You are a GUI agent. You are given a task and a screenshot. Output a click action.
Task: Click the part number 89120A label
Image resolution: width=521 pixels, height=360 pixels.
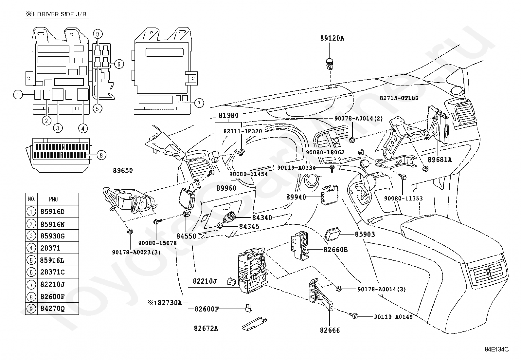coord(332,38)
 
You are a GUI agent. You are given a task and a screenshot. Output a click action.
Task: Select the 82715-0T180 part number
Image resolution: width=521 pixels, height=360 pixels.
coord(399,98)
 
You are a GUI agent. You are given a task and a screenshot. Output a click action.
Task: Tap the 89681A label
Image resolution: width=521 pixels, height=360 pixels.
coord(440,160)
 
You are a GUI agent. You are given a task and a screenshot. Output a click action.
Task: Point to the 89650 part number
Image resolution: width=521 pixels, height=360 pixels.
coord(123,170)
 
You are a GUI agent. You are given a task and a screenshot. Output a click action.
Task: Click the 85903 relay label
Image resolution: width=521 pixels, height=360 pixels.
coord(365,235)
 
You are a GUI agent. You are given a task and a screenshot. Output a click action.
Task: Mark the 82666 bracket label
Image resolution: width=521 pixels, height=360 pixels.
coord(330,330)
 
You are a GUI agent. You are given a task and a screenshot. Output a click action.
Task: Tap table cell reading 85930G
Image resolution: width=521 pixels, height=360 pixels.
coord(52,236)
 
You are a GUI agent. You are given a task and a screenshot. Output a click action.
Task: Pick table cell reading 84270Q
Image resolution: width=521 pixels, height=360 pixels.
coord(52,309)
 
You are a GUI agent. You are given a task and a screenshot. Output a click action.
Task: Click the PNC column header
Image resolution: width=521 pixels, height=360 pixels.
coord(54,199)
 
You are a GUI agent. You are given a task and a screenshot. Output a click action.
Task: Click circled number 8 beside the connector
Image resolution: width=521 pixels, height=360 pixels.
coord(101,155)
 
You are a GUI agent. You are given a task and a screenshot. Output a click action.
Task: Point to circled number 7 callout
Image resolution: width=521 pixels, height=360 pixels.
coord(199,103)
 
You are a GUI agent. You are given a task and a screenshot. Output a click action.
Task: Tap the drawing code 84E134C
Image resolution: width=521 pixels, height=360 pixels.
coord(497,349)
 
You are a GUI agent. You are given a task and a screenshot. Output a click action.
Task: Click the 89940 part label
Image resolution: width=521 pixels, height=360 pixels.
coord(296,197)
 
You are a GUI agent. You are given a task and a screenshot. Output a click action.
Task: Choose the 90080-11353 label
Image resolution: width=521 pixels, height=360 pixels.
coord(403,199)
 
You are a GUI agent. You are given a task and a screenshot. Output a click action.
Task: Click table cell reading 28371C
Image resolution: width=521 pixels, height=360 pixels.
coord(52,272)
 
